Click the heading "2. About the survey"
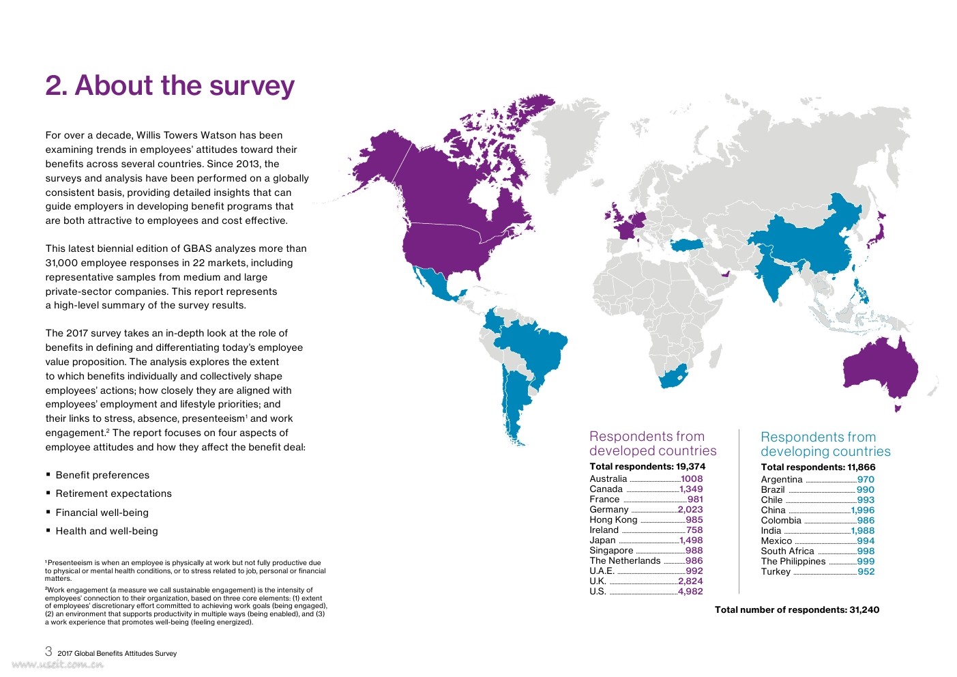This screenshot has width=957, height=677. click(170, 86)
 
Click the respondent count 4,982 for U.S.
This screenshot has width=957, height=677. click(690, 592)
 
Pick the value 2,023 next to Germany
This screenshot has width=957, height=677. click(690, 510)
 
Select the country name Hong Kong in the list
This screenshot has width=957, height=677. click(613, 520)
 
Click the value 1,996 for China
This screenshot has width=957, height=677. click(862, 510)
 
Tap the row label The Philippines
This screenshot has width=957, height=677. click(793, 562)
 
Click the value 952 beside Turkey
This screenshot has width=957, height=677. click(866, 572)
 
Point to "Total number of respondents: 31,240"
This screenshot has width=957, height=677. click(797, 610)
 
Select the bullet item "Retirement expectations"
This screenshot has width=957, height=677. click(113, 494)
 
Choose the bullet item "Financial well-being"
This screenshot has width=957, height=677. click(102, 513)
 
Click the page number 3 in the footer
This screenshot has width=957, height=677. click(48, 652)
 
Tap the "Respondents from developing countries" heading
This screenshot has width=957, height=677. click(825, 444)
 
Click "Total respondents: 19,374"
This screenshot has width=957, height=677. click(647, 467)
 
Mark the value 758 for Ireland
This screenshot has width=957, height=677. click(694, 530)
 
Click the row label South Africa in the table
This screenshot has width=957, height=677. click(787, 551)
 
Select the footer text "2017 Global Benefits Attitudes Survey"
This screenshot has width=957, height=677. click(117, 654)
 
